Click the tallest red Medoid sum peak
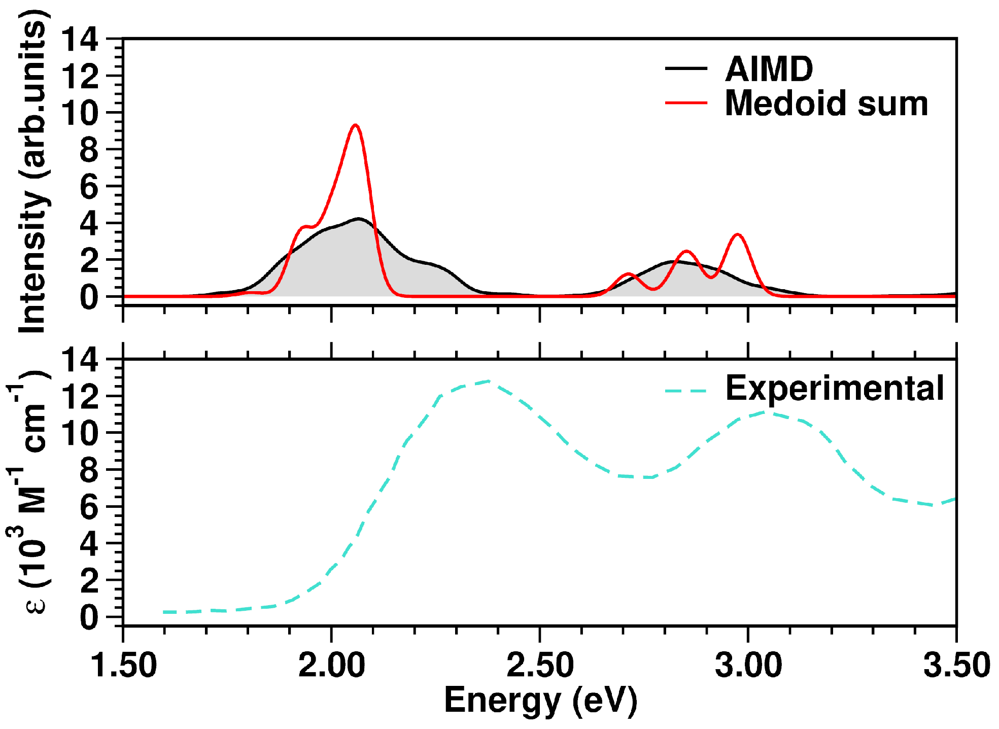click(x=355, y=126)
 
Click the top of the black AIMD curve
click(x=359, y=219)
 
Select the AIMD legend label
click(x=769, y=69)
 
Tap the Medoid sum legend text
click(x=826, y=103)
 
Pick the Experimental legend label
click(x=835, y=389)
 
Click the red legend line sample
click(x=686, y=103)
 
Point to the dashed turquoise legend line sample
click(x=686, y=391)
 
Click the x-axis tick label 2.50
click(x=540, y=665)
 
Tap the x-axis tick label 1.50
click(x=123, y=665)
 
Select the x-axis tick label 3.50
click(x=956, y=665)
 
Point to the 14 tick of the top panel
click(x=79, y=40)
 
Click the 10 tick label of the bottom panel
click(x=79, y=433)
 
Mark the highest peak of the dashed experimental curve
click(x=488, y=381)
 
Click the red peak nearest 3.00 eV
click(x=737, y=235)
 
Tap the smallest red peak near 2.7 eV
click(x=629, y=274)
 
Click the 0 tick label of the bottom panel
click(x=89, y=618)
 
